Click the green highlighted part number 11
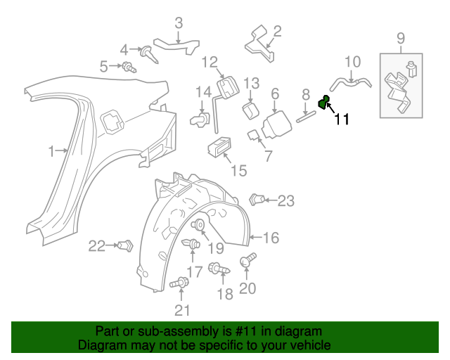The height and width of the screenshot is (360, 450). pos(324,103)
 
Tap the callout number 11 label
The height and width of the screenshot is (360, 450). pos(342,120)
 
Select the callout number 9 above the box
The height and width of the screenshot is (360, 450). pos(401,38)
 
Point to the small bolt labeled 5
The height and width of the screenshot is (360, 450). pos(129,67)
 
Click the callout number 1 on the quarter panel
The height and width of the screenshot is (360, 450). pos(51,150)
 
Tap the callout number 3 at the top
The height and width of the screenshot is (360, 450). pos(179,23)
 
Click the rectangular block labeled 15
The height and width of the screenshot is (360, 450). pos(218,147)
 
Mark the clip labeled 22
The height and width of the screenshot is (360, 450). pos(126,245)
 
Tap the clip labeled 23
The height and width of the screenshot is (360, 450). pos(257,200)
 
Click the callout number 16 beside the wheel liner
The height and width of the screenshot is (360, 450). pos(270,238)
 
